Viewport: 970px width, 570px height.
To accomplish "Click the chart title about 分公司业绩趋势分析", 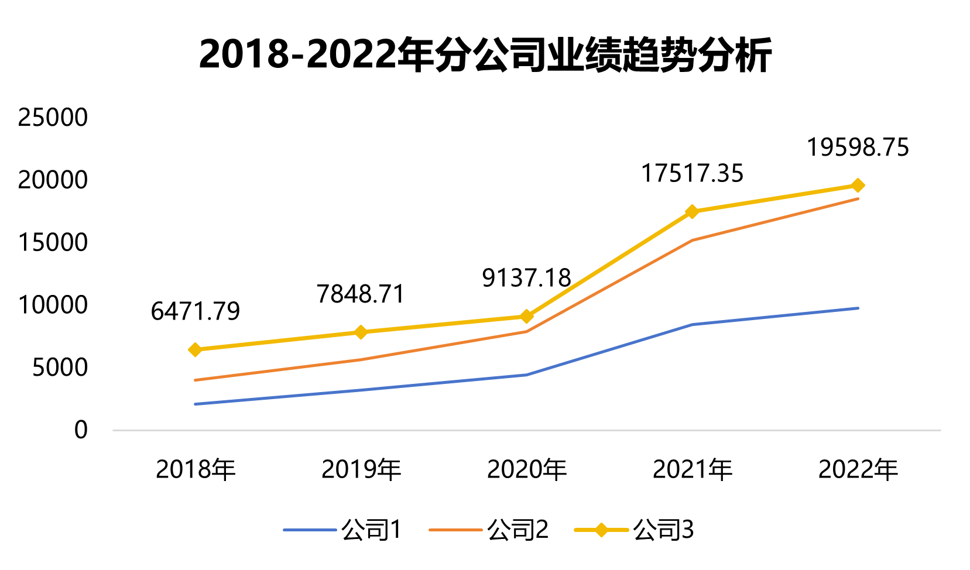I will [485, 55].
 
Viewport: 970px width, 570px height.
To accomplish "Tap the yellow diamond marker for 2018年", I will [196, 350].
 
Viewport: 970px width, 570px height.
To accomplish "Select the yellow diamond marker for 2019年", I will [361, 332].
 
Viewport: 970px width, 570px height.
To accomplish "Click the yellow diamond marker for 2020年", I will [527, 317].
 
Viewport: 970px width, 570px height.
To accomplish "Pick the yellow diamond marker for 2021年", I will [693, 212].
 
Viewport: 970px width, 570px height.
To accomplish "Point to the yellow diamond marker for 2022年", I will [858, 186].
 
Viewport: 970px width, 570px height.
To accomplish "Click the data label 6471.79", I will [196, 311].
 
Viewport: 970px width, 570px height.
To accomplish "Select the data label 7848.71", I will [361, 294].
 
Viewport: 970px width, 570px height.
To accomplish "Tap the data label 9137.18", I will [526, 278].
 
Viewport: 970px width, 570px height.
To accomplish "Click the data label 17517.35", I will [692, 174].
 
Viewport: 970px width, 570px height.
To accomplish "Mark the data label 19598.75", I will [858, 147].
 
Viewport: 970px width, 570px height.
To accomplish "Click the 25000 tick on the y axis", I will [53, 118].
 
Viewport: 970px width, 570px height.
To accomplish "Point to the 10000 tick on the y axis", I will [53, 305].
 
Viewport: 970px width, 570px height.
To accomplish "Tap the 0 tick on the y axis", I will [81, 430].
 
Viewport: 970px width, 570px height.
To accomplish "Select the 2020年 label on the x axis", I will [527, 469].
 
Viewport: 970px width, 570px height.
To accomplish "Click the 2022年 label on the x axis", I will [858, 469].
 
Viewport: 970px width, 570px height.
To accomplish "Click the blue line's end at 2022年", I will [858, 308].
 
